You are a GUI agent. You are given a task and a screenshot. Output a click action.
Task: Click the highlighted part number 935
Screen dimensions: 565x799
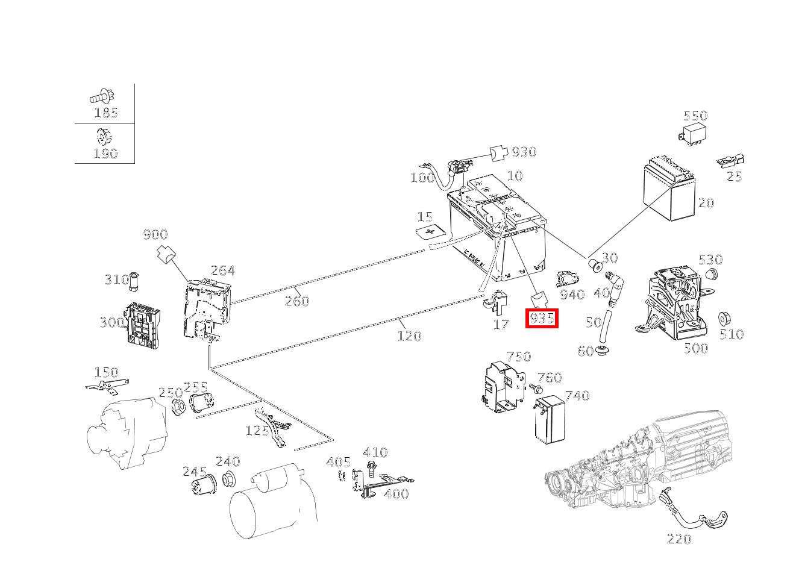pyautogui.click(x=542, y=318)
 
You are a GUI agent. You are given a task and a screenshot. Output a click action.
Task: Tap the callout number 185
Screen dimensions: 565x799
pyautogui.click(x=106, y=113)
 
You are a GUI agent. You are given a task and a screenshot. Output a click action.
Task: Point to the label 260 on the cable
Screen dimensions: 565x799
pyautogui.click(x=296, y=301)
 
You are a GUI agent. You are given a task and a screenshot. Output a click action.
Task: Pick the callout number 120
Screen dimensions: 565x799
pyautogui.click(x=409, y=336)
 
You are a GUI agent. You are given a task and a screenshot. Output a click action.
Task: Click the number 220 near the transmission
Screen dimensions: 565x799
pyautogui.click(x=679, y=539)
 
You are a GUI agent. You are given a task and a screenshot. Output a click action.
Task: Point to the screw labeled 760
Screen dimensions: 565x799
pyautogui.click(x=534, y=389)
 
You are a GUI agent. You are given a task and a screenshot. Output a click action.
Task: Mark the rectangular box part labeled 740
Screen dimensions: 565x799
pyautogui.click(x=549, y=420)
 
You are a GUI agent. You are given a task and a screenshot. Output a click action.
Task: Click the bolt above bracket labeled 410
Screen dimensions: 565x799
pyautogui.click(x=372, y=467)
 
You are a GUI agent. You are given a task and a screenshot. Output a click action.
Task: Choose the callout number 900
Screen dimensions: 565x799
pyautogui.click(x=155, y=235)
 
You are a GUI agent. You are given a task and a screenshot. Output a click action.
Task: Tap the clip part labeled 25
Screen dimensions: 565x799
pyautogui.click(x=731, y=161)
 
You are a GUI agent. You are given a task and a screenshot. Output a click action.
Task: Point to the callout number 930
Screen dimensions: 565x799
pyautogui.click(x=524, y=152)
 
